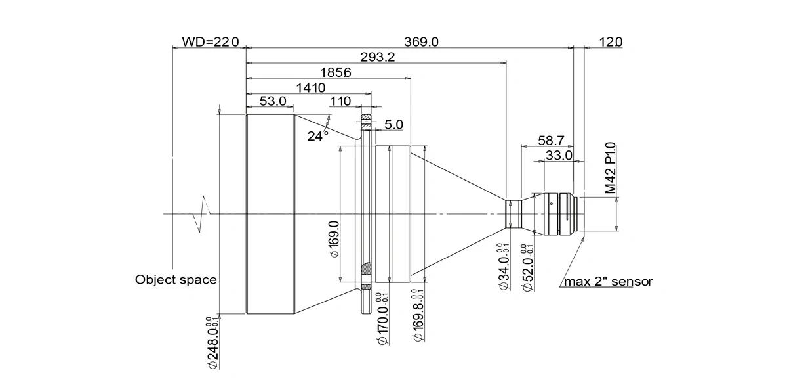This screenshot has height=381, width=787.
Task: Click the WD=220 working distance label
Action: tap(210, 42)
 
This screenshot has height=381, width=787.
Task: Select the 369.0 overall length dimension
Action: tap(421, 42)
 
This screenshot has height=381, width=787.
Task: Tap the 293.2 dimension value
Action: tap(378, 57)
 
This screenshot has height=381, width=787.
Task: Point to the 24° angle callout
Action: tap(317, 136)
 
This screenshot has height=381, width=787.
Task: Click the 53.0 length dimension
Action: tap(273, 101)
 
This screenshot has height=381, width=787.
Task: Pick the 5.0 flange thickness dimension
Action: tap(394, 124)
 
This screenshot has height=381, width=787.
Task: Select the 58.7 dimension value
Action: tap(551, 141)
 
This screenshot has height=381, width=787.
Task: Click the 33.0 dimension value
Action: tap(559, 155)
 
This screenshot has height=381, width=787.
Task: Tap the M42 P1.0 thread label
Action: tap(611, 168)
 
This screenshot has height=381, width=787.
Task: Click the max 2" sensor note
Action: tap(608, 282)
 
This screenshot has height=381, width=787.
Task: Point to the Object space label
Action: tap(176, 280)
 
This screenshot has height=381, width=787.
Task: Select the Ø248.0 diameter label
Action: tap(214, 342)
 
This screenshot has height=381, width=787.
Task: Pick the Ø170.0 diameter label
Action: tap(382, 319)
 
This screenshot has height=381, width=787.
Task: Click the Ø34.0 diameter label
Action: tap(504, 266)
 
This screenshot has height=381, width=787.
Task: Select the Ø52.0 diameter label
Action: tap(528, 268)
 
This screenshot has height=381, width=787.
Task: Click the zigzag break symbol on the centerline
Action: tap(202, 214)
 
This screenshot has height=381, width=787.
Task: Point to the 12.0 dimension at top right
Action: tap(611, 42)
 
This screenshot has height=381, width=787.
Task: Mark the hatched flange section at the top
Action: tap(366, 117)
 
